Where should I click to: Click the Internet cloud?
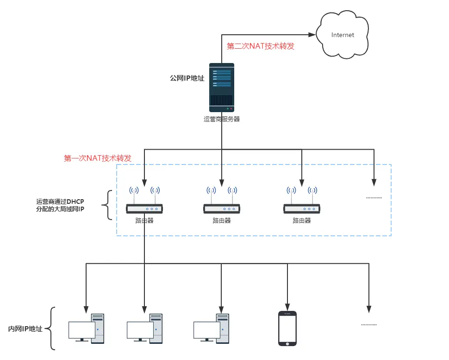point(342,35)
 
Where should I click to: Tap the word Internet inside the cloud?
point(343,35)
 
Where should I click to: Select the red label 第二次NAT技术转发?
point(260,46)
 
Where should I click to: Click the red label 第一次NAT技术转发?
point(97,158)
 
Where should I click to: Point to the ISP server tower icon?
point(222,88)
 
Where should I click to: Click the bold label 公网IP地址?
point(187,78)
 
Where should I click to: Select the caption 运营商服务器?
point(222,119)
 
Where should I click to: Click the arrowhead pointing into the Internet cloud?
point(312,35)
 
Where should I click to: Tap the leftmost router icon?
point(144,200)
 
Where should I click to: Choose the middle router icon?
point(222,200)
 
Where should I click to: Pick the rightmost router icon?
point(302,200)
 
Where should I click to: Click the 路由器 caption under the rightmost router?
point(302,221)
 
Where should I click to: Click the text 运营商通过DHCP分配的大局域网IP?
point(60,205)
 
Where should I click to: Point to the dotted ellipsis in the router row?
point(374,198)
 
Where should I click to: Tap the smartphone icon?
point(287,328)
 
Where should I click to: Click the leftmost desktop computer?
point(86,328)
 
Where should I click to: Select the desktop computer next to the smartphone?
point(212,328)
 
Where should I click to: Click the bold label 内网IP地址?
point(25,329)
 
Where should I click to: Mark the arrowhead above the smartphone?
point(287,307)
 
